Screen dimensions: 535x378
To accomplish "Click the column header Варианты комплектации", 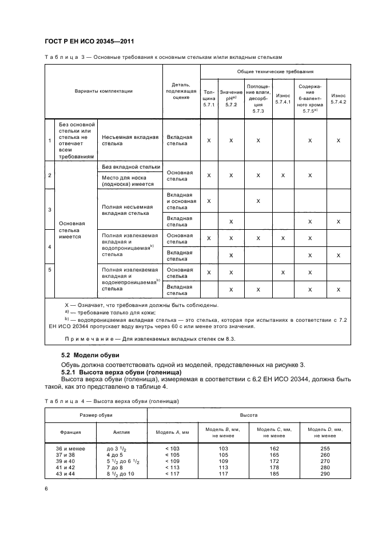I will pos(104,91).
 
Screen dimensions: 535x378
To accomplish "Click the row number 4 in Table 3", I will pos(50,247).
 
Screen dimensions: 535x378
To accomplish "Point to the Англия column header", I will pos(121,432).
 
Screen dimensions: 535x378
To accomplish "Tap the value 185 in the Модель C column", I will pos(274,473).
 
